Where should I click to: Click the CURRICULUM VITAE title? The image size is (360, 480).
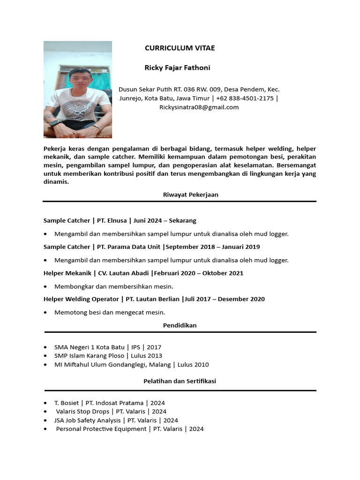(x=180, y=48)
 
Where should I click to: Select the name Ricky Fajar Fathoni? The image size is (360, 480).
(x=177, y=67)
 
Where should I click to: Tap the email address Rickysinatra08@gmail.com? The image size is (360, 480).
(x=199, y=107)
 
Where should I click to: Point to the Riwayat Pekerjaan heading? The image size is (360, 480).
(x=190, y=194)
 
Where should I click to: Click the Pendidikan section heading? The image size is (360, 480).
(x=180, y=325)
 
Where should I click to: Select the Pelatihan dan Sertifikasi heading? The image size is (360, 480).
(x=180, y=381)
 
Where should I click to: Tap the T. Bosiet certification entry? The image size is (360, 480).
(x=67, y=403)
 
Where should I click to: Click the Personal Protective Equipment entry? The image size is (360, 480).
(x=101, y=428)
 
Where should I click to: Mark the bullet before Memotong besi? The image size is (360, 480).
(x=45, y=313)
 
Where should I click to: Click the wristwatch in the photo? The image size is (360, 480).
(x=54, y=123)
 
